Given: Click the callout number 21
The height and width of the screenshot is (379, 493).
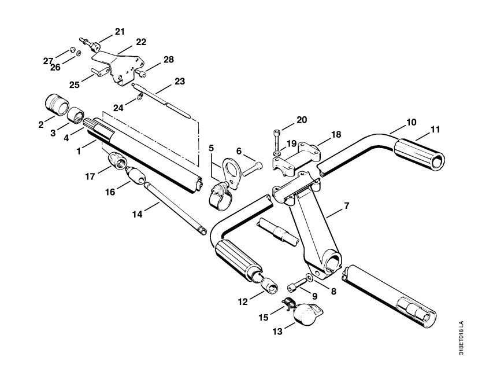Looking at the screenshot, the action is (120, 31).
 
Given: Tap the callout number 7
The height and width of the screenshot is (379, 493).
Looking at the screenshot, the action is (346, 206).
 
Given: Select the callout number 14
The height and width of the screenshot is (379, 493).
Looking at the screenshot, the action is (138, 214).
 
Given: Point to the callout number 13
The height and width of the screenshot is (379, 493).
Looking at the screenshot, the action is (277, 331).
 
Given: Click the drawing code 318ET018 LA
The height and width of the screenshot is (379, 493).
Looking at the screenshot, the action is (461, 338).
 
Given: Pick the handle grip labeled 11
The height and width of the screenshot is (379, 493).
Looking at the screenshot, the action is (419, 154).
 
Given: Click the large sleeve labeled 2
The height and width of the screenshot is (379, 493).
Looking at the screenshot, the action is (57, 104).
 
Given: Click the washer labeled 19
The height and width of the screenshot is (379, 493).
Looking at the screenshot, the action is (277, 153).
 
